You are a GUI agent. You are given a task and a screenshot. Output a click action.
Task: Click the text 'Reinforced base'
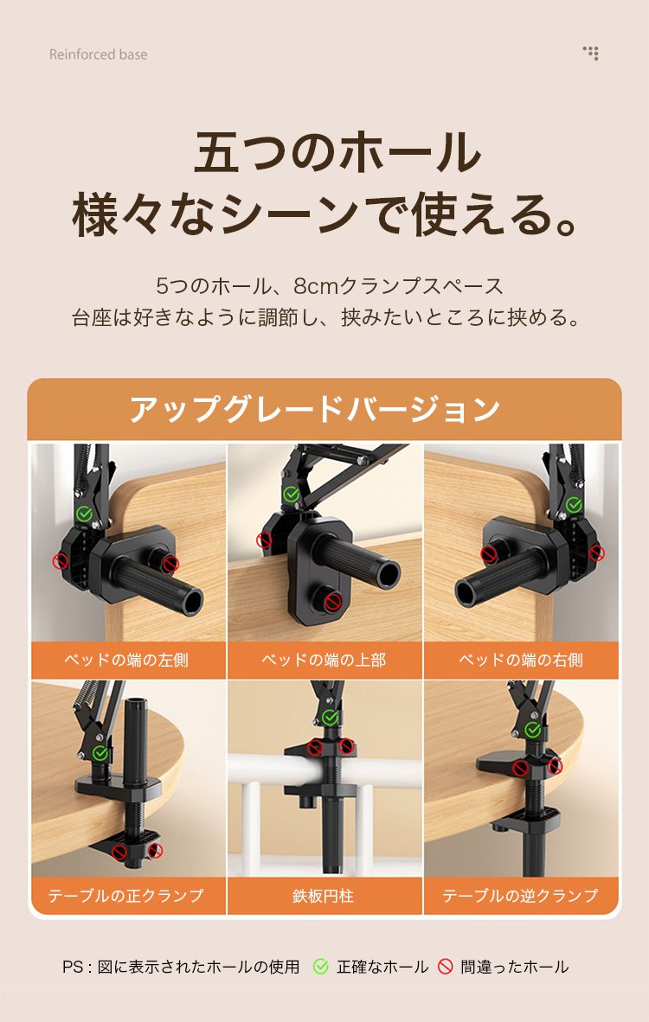tap(99, 54)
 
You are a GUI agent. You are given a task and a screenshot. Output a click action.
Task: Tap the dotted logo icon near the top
tap(591, 53)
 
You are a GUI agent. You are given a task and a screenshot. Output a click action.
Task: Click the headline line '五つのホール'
tap(337, 152)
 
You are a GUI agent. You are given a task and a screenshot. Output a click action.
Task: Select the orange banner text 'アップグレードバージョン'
tap(315, 409)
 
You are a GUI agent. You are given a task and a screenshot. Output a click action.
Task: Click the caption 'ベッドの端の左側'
tap(126, 661)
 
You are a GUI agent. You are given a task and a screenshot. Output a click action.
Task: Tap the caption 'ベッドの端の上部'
tap(324, 661)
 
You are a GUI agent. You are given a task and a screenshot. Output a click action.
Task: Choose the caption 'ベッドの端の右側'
tap(521, 661)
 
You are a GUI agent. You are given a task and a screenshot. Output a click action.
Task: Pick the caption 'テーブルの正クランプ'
tap(125, 896)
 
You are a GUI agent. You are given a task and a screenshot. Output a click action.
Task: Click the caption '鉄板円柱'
tap(324, 897)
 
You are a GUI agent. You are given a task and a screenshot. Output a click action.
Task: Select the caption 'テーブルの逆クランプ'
tap(521, 896)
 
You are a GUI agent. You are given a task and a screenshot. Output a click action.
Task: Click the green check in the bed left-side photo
tap(83, 514)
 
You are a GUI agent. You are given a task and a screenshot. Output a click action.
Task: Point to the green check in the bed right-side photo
tap(574, 504)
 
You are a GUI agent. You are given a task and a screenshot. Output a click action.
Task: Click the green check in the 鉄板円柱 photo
tap(330, 718)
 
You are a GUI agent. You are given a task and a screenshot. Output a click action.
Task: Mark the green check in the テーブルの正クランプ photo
tap(100, 753)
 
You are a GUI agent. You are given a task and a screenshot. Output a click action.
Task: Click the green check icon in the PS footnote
tap(320, 967)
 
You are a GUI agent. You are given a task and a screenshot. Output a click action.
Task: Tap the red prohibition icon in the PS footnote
tap(445, 967)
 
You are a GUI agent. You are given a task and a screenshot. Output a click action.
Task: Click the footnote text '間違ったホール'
tap(515, 967)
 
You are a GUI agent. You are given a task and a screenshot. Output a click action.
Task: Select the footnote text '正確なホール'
tap(382, 967)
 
